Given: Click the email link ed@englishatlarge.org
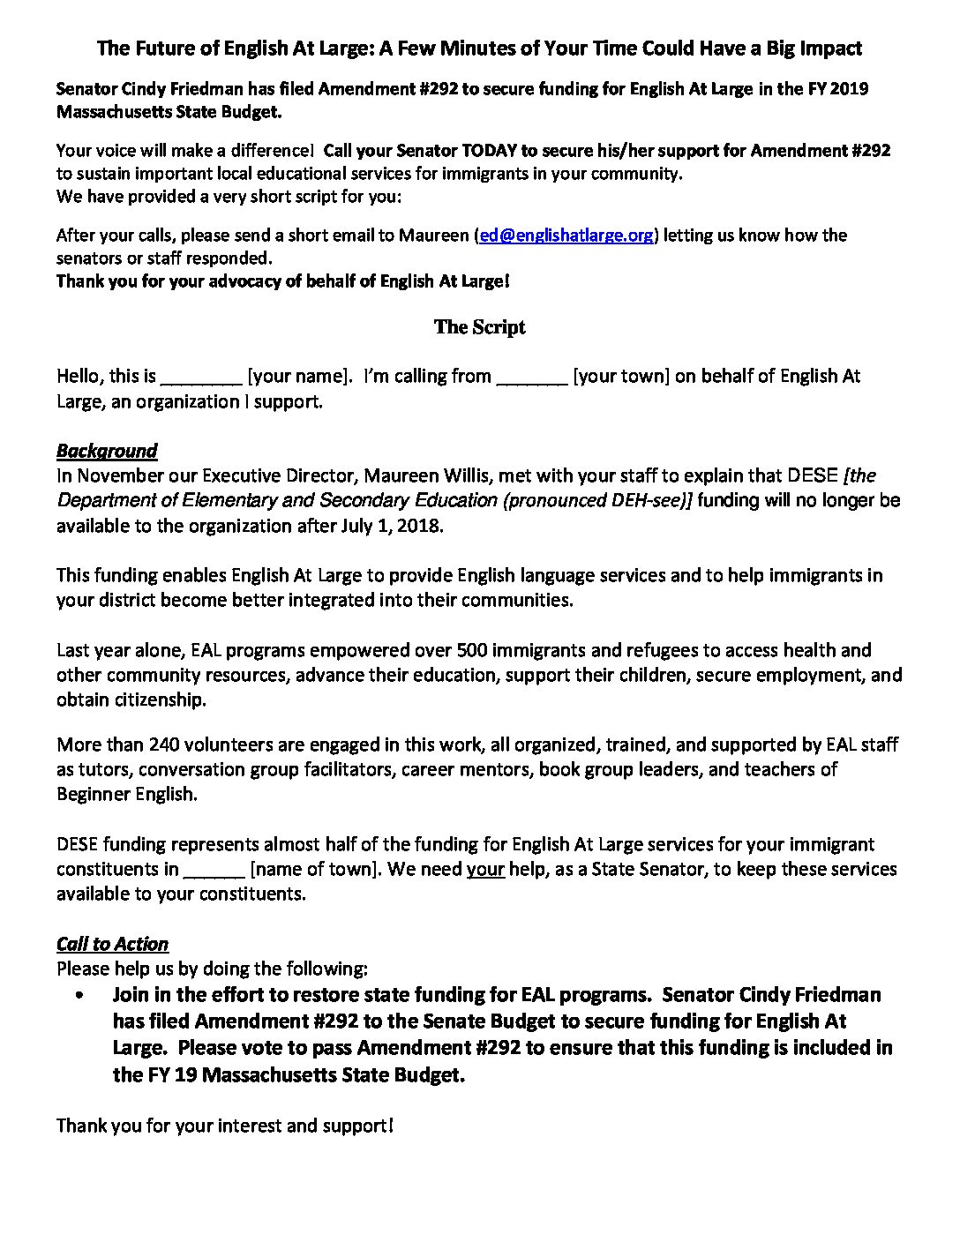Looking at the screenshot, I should [x=566, y=236].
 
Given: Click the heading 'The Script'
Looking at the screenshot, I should [x=479, y=327].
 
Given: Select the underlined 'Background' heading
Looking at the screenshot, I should [x=107, y=451].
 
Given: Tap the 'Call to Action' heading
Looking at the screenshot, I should [x=112, y=944].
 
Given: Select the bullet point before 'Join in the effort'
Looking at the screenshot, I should [x=81, y=995].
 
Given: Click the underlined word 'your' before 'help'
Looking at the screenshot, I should [x=485, y=869].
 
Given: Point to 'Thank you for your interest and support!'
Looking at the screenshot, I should [x=225, y=1126].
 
